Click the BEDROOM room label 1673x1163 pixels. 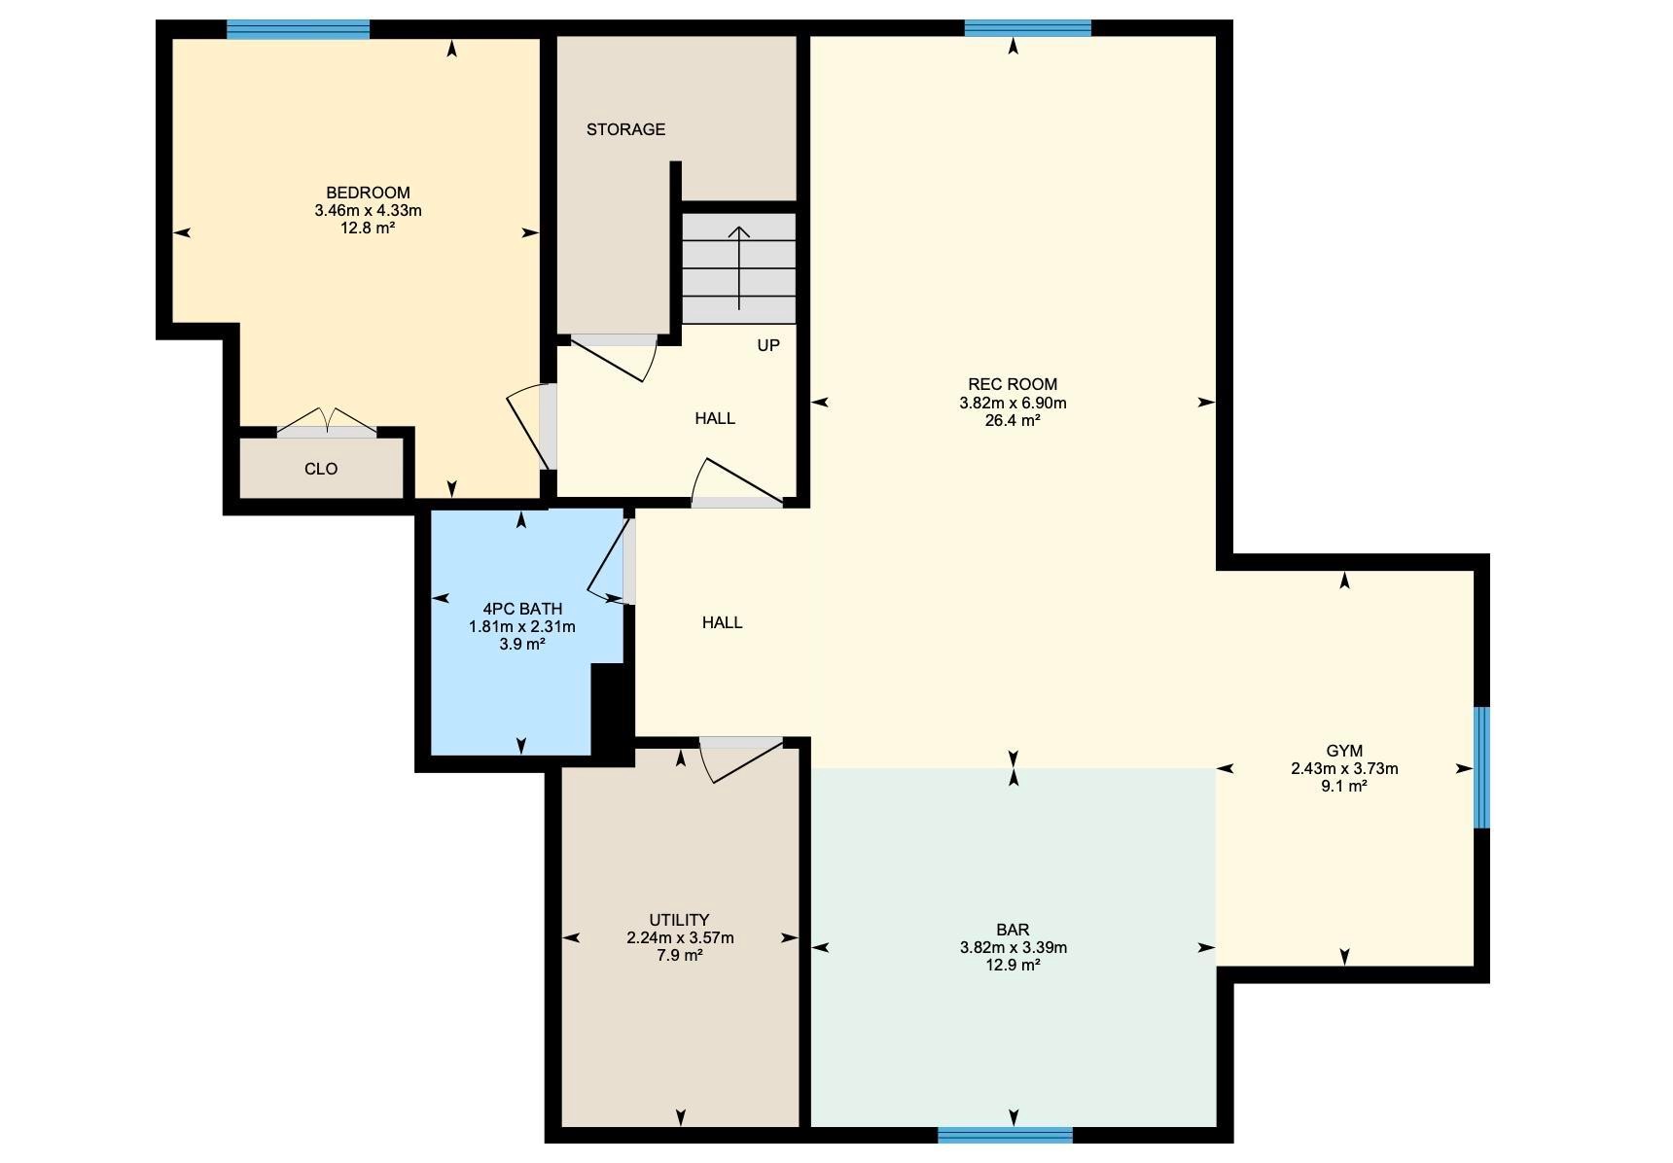[x=368, y=193]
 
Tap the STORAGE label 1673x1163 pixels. [x=625, y=129]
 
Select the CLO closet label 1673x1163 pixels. [x=321, y=469]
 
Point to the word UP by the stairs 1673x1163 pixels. [x=768, y=345]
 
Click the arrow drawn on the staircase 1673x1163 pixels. [x=739, y=266]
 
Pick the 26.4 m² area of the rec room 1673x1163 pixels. [x=1013, y=421]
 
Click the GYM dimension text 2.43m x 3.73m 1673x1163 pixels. [x=1344, y=768]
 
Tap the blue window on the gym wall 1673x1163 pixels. [x=1481, y=767]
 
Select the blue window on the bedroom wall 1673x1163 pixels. [x=299, y=29]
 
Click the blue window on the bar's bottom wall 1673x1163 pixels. [x=1005, y=1135]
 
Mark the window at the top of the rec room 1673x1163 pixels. [x=1027, y=28]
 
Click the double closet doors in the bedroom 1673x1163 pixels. [x=327, y=422]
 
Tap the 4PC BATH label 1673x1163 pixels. [x=522, y=609]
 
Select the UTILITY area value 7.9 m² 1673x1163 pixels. [x=680, y=955]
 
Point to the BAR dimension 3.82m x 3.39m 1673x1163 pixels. [x=1013, y=947]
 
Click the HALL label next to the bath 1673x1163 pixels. [x=722, y=622]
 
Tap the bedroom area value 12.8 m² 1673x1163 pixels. [x=368, y=228]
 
